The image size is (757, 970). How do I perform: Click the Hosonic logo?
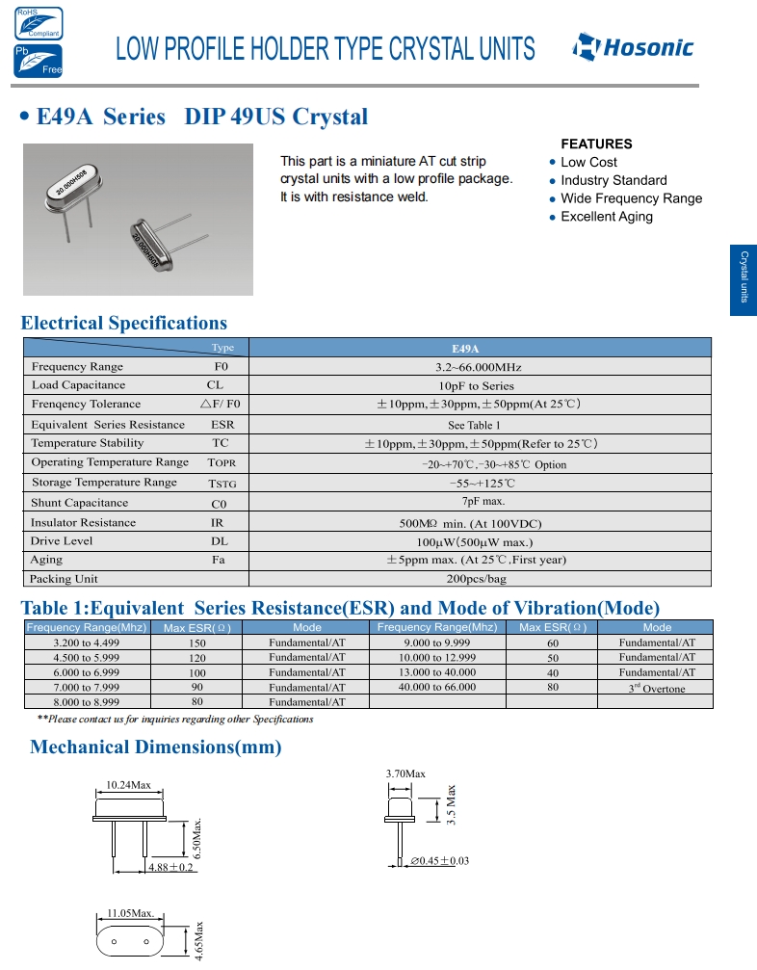point(632,47)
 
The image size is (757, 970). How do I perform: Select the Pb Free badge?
point(38,61)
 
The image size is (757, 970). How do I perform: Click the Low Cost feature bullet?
point(588,162)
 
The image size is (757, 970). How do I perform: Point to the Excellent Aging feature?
point(607,217)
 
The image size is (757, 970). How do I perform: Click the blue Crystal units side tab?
point(744,277)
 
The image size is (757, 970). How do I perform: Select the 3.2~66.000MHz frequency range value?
point(479,367)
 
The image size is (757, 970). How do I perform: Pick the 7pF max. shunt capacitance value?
point(479,502)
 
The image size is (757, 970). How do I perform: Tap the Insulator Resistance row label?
point(83,522)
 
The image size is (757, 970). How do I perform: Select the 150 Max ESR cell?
point(197,642)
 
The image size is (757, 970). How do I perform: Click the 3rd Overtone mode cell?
point(657,688)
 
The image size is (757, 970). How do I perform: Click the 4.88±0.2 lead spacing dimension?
point(170,868)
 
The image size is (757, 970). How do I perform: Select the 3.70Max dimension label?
point(405,773)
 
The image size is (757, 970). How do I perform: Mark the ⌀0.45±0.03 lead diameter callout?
point(439,860)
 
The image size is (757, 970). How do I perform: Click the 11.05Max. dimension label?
point(131,911)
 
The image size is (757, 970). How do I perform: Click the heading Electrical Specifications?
point(124,323)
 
